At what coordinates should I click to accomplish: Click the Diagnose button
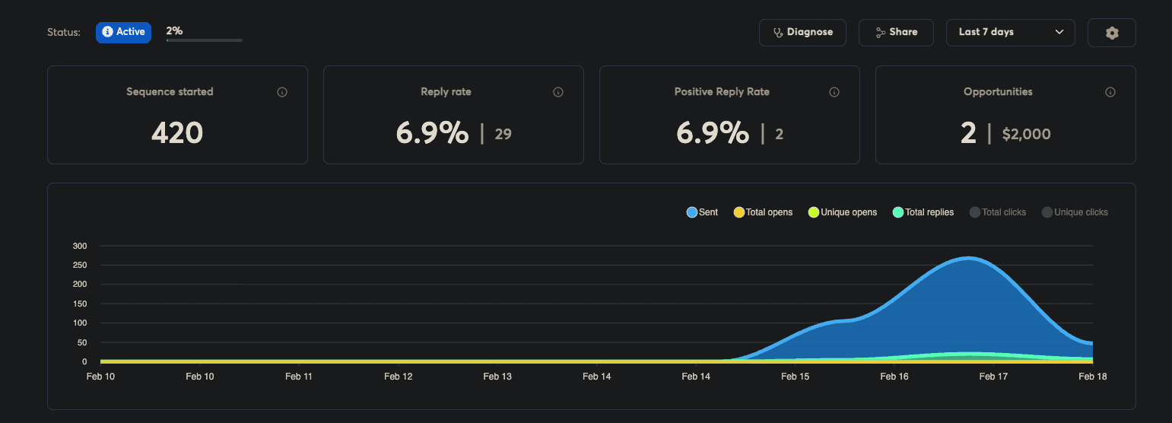pyautogui.click(x=802, y=33)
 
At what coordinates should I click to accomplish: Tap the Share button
pyautogui.click(x=896, y=33)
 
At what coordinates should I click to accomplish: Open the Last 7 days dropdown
pyautogui.click(x=1010, y=33)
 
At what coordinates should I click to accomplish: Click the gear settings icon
pyautogui.click(x=1111, y=33)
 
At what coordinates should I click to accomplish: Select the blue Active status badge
pyautogui.click(x=123, y=32)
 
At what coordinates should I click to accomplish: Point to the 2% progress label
pyautogui.click(x=174, y=31)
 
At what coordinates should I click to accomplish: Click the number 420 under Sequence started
pyautogui.click(x=177, y=133)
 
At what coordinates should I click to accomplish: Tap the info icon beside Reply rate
pyautogui.click(x=558, y=92)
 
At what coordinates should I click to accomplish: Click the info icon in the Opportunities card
pyautogui.click(x=1110, y=92)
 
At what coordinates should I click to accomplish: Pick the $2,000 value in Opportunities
pyautogui.click(x=1026, y=135)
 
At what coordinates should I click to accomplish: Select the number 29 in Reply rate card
pyautogui.click(x=503, y=135)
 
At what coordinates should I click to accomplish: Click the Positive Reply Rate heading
pyautogui.click(x=722, y=92)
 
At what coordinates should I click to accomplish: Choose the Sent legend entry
pyautogui.click(x=702, y=212)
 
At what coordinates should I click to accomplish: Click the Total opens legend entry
pyautogui.click(x=763, y=212)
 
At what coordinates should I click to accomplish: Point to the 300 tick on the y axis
pyautogui.click(x=80, y=246)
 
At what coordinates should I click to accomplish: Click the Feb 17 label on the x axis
pyautogui.click(x=993, y=377)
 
